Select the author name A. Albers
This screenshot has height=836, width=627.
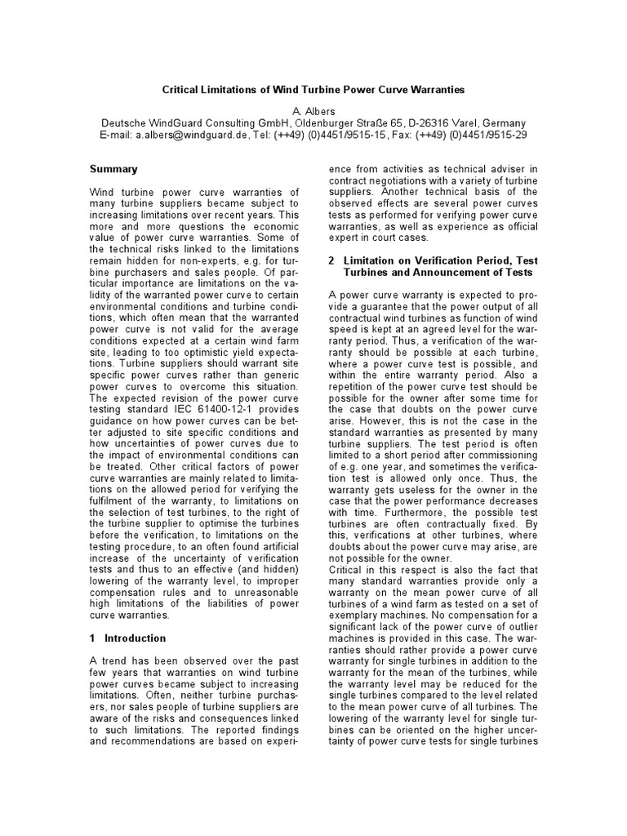click(313, 110)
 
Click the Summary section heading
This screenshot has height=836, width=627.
click(113, 169)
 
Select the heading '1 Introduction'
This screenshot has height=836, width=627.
click(127, 638)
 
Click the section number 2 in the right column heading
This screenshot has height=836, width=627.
click(331, 260)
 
